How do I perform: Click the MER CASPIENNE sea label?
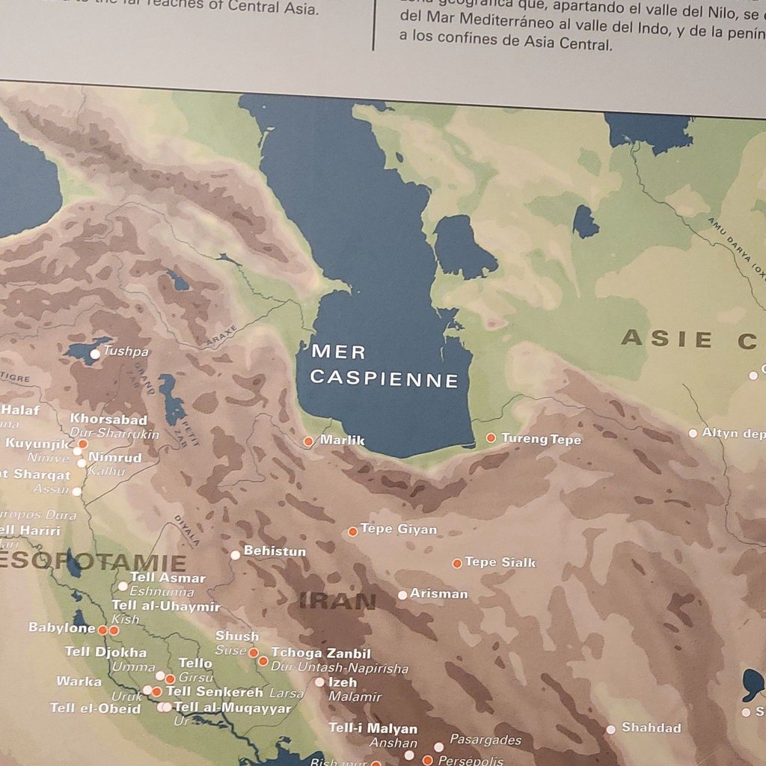[x=384, y=365]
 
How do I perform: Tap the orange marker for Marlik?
[x=308, y=441]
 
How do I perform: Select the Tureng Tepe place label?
[x=541, y=439]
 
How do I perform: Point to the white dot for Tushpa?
[x=95, y=353]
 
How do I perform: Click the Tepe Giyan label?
[x=399, y=529]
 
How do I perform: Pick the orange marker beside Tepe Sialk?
[x=457, y=563]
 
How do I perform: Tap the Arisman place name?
[x=439, y=594]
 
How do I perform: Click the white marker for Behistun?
[x=236, y=554]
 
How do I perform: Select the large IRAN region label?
[x=337, y=601]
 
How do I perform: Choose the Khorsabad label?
[x=108, y=420]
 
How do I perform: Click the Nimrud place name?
[x=115, y=458]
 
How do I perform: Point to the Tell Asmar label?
[x=168, y=577]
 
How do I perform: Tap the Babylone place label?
[x=62, y=628]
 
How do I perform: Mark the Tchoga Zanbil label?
[x=321, y=653]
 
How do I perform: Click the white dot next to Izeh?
[x=319, y=682]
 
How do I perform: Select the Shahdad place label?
[x=652, y=728]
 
